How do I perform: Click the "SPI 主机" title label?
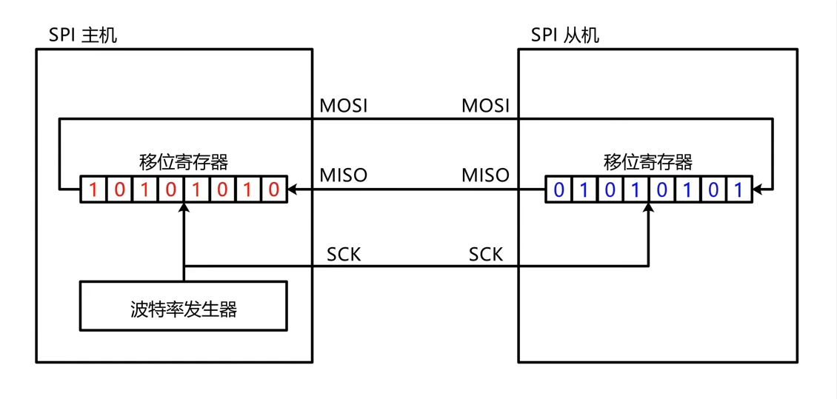[82, 35]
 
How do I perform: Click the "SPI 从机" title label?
[565, 35]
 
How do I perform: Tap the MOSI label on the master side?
[344, 106]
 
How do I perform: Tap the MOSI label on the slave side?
[485, 106]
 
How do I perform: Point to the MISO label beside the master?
[344, 175]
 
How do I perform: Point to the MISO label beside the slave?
[485, 175]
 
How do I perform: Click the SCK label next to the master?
[344, 255]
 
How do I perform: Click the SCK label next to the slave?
[485, 255]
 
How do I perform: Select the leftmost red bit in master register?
[93, 190]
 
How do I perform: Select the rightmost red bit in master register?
[273, 190]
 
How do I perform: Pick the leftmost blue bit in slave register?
[558, 190]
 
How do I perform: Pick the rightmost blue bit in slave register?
[738, 190]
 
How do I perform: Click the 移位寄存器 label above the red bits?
[183, 162]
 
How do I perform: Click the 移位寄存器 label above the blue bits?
[648, 162]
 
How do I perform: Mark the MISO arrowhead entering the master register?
[293, 190]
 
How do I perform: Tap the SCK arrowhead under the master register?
[183, 209]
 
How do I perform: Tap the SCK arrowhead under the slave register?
[648, 209]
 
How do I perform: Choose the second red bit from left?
[119, 190]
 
